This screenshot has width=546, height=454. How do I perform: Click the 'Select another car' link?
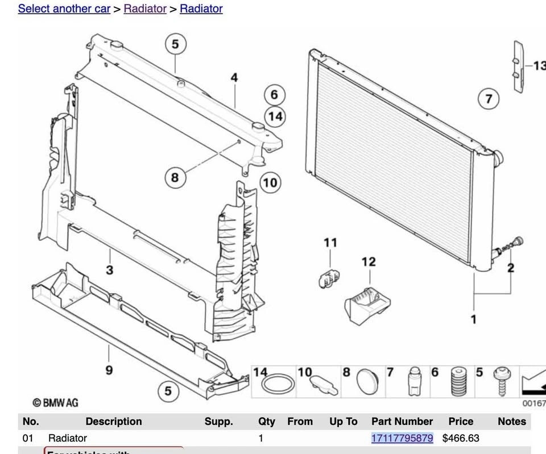[x=64, y=9]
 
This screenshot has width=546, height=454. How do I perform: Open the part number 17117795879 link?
[x=402, y=438]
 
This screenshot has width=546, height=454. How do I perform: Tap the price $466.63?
[x=461, y=438]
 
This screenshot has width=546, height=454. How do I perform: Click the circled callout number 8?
[x=175, y=178]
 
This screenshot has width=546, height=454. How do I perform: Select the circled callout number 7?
[x=489, y=99]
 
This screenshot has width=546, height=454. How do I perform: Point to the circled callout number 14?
[x=275, y=116]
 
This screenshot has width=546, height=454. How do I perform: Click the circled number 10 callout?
[x=270, y=182]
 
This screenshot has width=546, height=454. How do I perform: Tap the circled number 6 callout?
[x=274, y=95]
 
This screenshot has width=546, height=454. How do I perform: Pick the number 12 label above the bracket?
[x=369, y=262]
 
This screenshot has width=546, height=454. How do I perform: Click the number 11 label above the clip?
[x=330, y=243]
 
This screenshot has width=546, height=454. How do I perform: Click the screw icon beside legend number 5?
[x=502, y=382]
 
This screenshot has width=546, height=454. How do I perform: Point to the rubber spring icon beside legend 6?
[x=457, y=382]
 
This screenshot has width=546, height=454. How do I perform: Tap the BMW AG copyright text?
[x=55, y=403]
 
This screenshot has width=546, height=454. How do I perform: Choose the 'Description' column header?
[x=114, y=422]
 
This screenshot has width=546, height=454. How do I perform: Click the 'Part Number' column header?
[x=402, y=422]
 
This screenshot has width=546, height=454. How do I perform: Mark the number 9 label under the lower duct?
[x=109, y=370]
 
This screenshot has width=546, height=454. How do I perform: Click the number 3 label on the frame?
[x=110, y=270]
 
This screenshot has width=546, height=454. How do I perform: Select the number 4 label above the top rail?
[x=234, y=78]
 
